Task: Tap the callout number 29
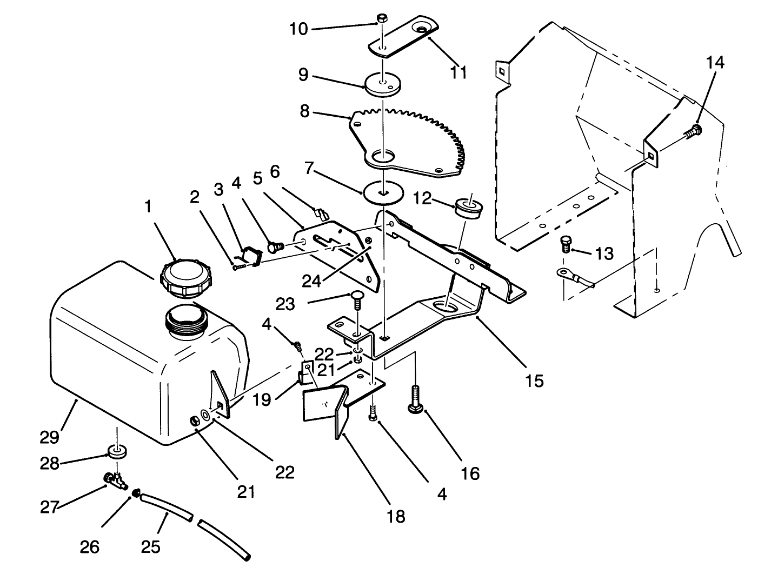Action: pos(49,436)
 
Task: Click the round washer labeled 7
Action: pos(383,193)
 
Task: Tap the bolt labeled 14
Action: pos(695,130)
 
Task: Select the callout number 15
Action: pos(534,380)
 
